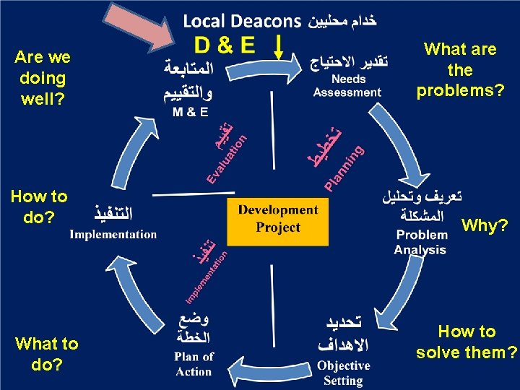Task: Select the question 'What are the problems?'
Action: (x=460, y=70)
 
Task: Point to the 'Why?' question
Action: (x=485, y=226)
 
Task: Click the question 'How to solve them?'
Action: (x=467, y=342)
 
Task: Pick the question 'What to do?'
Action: (x=46, y=354)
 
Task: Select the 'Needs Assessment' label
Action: (x=347, y=87)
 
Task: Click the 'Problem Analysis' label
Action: (x=421, y=242)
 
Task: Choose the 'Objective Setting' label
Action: (x=344, y=373)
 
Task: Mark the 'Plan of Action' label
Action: (x=194, y=364)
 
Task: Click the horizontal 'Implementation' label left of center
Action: (x=113, y=234)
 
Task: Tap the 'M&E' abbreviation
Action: (x=191, y=112)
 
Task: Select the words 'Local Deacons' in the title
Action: (x=241, y=21)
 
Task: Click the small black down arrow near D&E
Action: (x=279, y=48)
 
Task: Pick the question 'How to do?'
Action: (x=39, y=206)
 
